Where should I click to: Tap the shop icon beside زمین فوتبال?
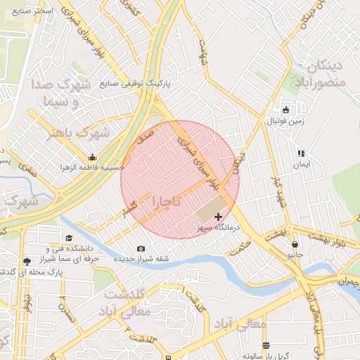tap(285, 110)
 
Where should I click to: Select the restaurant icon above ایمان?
tap(301, 153)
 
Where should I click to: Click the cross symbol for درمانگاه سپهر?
tap(218, 217)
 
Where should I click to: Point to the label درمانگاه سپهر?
tap(218, 229)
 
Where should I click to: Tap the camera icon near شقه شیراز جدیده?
tap(141, 248)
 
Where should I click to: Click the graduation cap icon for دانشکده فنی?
tap(69, 238)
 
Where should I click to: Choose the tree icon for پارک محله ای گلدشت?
tap(27, 261)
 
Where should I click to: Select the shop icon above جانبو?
tap(294, 244)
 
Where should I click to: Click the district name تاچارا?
tap(167, 202)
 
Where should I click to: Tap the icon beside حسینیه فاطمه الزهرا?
tap(92, 157)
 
